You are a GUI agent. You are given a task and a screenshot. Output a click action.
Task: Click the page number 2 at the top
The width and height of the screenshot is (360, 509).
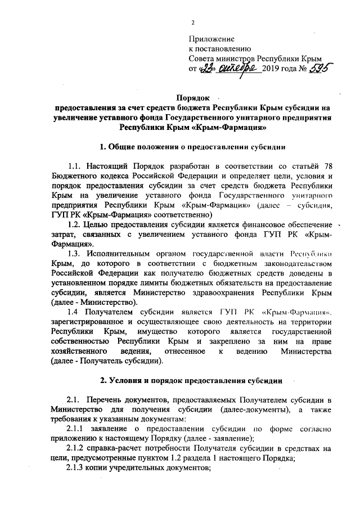coord(192,22)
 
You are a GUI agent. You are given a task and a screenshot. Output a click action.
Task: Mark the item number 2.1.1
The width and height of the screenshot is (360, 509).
coord(77,429)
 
